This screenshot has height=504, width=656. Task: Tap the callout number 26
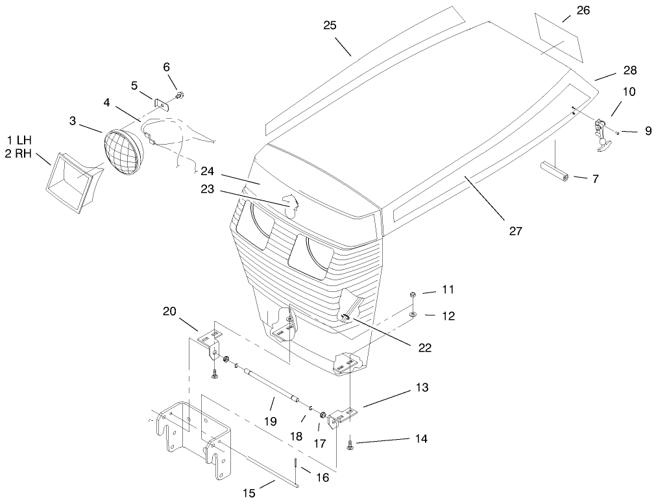click(x=583, y=10)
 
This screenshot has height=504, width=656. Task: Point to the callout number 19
click(x=271, y=421)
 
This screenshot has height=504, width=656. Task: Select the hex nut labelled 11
click(x=413, y=294)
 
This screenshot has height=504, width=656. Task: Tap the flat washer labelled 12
click(x=413, y=314)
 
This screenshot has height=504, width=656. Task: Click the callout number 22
click(x=424, y=348)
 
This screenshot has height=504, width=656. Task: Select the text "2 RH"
click(x=18, y=154)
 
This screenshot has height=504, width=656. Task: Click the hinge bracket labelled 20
click(x=210, y=344)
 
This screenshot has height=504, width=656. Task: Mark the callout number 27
click(x=515, y=230)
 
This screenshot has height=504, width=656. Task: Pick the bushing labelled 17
click(x=323, y=415)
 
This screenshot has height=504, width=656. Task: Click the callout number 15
click(x=249, y=493)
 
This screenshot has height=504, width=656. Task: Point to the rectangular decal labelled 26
click(x=559, y=38)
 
